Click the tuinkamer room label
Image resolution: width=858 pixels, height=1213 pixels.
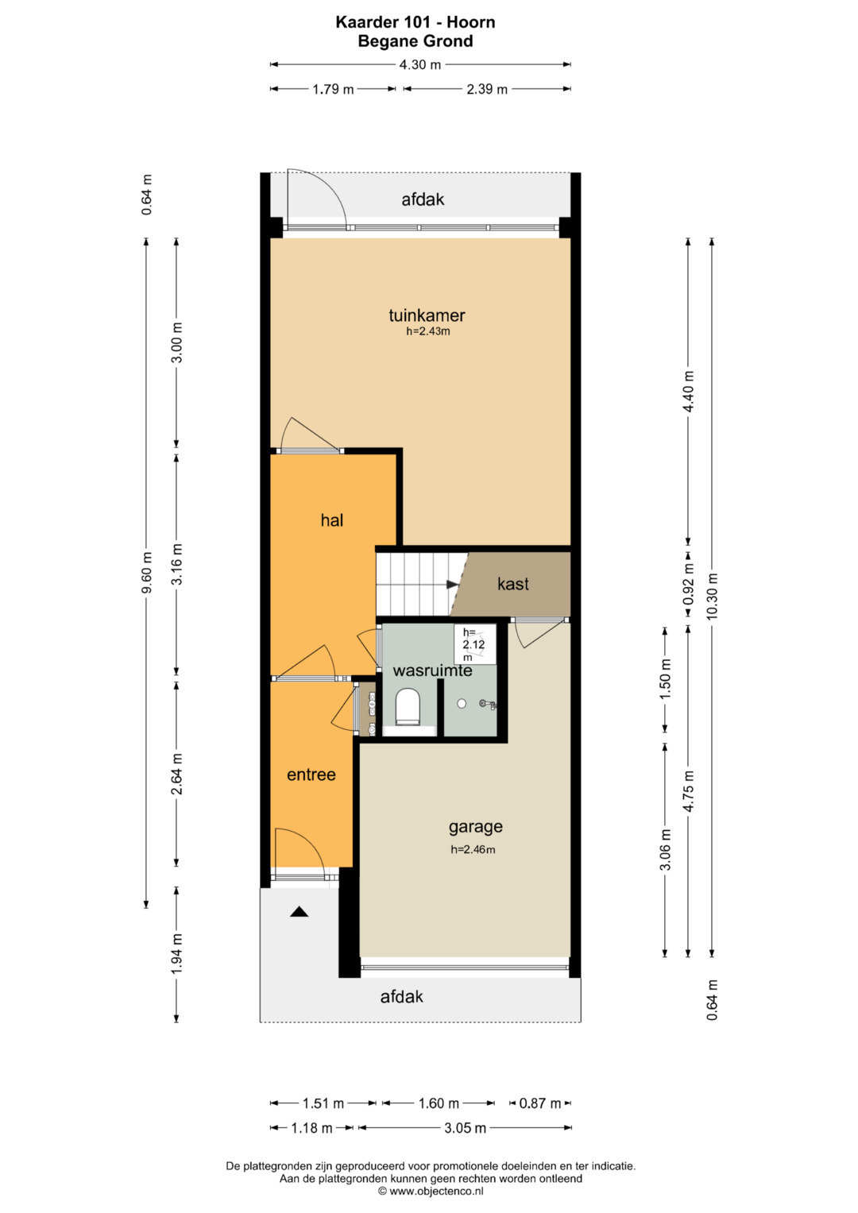click(427, 315)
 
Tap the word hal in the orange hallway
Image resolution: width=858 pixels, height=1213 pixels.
click(331, 520)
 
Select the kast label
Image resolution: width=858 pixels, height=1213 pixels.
click(513, 584)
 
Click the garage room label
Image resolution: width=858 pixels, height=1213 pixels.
click(475, 827)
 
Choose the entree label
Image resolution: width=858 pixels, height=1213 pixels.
click(311, 775)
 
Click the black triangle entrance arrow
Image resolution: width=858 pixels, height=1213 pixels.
click(299, 912)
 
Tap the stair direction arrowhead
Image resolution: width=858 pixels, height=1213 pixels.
click(453, 585)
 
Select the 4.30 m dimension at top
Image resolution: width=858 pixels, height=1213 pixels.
click(419, 65)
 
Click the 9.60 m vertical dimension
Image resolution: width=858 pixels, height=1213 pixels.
click(146, 573)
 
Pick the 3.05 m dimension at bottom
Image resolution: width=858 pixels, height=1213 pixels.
click(465, 1128)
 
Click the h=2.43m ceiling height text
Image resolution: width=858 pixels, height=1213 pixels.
click(428, 331)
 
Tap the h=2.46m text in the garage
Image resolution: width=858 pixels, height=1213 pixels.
click(473, 850)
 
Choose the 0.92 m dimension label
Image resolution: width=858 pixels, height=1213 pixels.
click(688, 585)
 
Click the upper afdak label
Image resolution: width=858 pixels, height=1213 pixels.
click(423, 200)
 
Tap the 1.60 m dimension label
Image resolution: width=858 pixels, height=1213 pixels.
click(439, 1103)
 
